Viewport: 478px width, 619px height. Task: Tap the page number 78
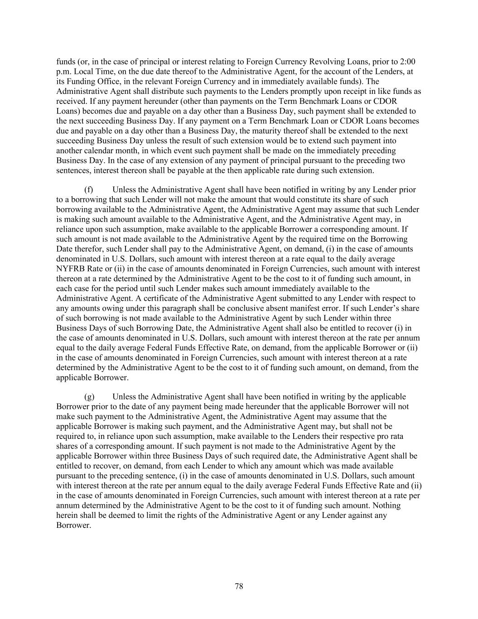[x=239, y=586]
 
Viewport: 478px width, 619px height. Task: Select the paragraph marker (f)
[x=89, y=190]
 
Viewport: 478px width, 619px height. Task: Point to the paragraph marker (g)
[x=89, y=397]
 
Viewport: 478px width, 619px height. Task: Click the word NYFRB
[x=70, y=268]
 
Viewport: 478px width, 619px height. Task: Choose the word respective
[x=352, y=436]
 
